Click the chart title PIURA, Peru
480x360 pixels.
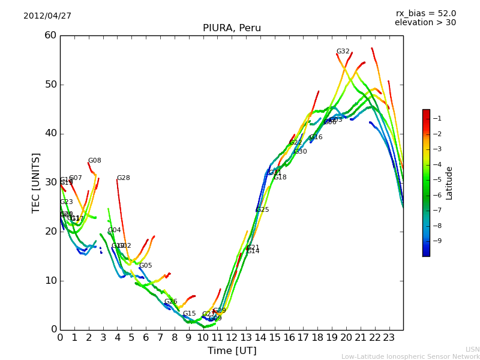[x=232, y=28]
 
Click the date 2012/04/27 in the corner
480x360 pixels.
[x=47, y=16]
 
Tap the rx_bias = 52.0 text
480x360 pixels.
[x=426, y=13]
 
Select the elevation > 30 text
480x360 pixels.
[x=425, y=23]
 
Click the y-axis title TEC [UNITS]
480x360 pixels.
[x=37, y=182]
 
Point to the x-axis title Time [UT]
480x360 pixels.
[x=232, y=351]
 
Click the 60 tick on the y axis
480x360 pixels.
[x=50, y=35]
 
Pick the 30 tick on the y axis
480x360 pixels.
[x=50, y=182]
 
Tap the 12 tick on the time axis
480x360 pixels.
[x=232, y=338]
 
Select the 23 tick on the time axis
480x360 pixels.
[x=389, y=338]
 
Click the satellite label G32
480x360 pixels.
[x=343, y=52]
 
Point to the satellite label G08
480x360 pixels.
[x=95, y=161]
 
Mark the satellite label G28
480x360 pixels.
[x=123, y=178]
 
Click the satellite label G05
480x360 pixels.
[x=145, y=266]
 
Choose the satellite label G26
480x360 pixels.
[x=170, y=302]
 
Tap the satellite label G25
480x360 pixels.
[x=262, y=210]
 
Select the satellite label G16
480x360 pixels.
[x=316, y=137]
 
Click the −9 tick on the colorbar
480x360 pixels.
[x=437, y=241]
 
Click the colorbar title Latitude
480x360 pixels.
[x=449, y=183]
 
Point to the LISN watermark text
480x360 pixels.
[x=472, y=349]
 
